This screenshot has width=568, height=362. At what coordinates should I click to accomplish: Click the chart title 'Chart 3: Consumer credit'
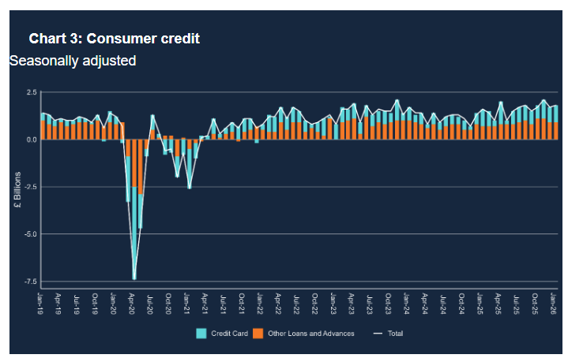click(114, 39)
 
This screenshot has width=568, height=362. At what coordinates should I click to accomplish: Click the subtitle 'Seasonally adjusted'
click(73, 61)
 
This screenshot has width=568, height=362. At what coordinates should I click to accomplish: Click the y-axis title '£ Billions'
click(17, 190)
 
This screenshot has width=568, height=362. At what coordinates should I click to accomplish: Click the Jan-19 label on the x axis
click(41, 300)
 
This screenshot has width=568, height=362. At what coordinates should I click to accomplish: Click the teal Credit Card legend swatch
click(201, 334)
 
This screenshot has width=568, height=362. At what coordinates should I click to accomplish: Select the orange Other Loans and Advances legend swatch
click(258, 334)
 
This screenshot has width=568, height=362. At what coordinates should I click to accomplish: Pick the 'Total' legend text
click(396, 334)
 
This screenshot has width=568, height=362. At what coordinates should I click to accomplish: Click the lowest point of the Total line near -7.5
click(134, 278)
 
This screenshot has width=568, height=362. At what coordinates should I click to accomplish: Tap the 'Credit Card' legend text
click(229, 334)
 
